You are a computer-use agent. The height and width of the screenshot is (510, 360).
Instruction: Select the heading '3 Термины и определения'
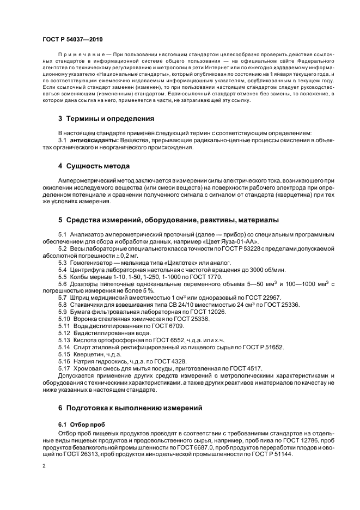pyautogui.click(x=106, y=119)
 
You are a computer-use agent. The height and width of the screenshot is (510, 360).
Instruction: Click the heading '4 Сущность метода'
pyautogui.click(x=94, y=166)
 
